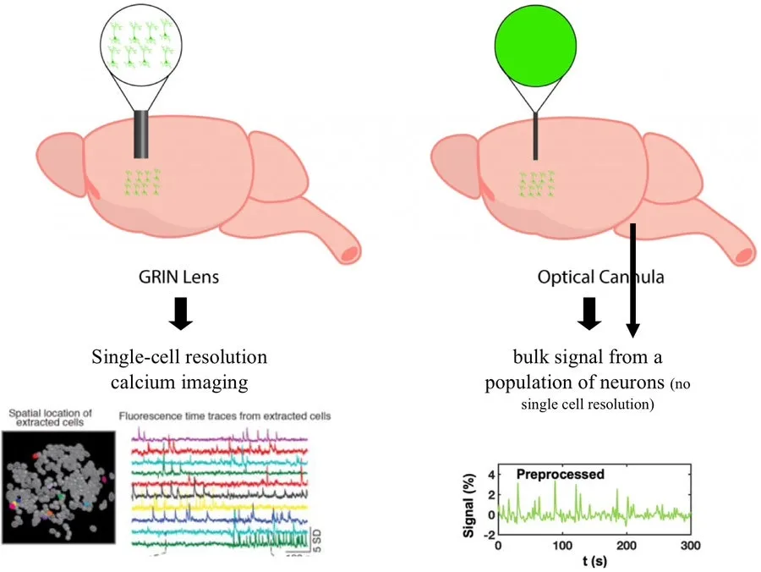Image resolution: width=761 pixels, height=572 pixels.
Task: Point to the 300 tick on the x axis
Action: point(691,546)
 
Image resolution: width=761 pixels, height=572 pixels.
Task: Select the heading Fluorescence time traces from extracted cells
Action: point(225,415)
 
